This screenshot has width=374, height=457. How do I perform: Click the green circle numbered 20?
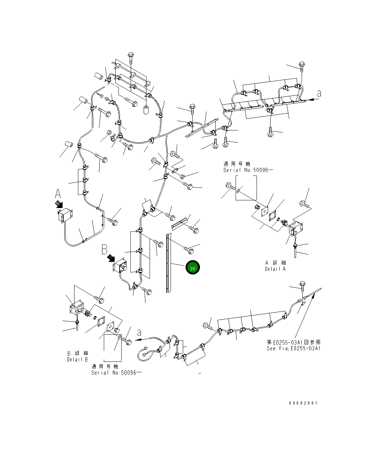pyautogui.click(x=193, y=267)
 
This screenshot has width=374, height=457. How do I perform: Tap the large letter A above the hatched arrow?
pyautogui.click(x=58, y=194)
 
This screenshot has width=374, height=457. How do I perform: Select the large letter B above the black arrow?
pyautogui.click(x=105, y=249)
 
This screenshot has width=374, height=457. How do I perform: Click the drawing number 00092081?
pyautogui.click(x=303, y=403)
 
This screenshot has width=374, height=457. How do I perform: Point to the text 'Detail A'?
pyautogui.click(x=275, y=269)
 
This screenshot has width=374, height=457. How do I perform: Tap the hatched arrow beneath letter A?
pyautogui.click(x=59, y=204)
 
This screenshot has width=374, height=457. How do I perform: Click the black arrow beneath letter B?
pyautogui.click(x=111, y=258)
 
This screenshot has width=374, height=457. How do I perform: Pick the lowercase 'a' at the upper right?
pyautogui.click(x=319, y=94)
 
